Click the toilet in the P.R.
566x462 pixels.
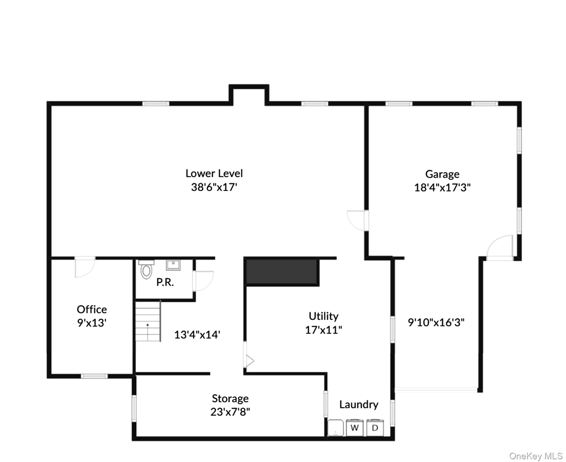pos(146,269)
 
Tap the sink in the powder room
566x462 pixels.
pos(173,265)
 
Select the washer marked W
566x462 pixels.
pos(355,427)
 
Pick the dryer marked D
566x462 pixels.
pos(375,427)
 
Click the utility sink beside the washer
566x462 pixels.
pos(335,427)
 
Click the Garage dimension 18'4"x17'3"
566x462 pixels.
pos(442,188)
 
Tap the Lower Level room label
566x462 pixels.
pos(214,173)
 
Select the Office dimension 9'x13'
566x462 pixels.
pos(92,323)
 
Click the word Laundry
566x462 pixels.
pos(359,405)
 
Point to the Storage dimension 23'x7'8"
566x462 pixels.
pos(230,412)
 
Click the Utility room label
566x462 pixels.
pos(323,316)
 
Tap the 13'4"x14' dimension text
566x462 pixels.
pos(197,335)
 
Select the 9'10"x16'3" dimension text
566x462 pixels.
pos(436,322)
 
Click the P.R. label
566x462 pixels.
pos(165,282)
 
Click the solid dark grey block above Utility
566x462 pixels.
pos(282,272)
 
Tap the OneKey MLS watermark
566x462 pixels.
pos(536,456)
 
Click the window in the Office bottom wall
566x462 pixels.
pos(94,376)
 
